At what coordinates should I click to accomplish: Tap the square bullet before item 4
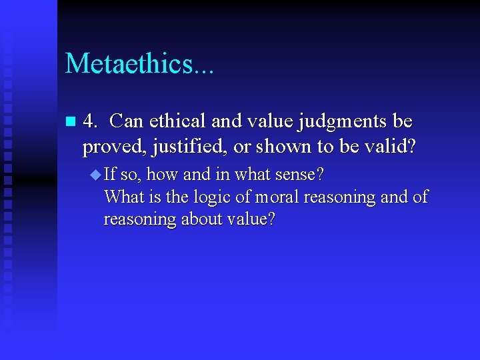tap(71, 123)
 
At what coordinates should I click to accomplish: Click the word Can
tap(126, 122)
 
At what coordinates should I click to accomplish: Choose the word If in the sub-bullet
tap(111, 175)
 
